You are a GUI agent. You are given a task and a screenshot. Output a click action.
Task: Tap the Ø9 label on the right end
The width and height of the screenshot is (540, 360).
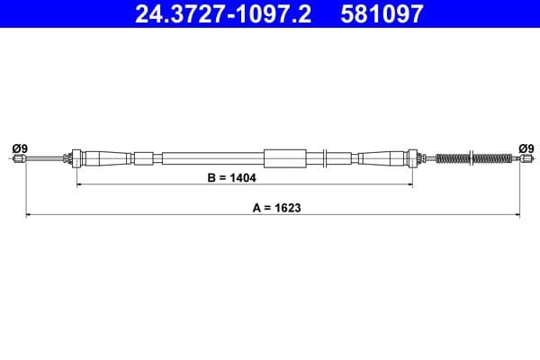click(526, 148)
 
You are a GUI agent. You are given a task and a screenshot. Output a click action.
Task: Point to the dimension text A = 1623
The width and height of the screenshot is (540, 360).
click(276, 207)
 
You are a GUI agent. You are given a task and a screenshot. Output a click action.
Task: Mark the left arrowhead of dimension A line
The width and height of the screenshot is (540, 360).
click(28, 215)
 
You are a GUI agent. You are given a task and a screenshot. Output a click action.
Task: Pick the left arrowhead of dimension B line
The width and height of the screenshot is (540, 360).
click(79, 185)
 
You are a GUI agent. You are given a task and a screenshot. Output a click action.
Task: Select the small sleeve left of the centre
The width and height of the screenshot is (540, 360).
click(144, 158)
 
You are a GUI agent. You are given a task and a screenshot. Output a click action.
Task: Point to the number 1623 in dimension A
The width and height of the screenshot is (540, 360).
click(288, 207)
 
